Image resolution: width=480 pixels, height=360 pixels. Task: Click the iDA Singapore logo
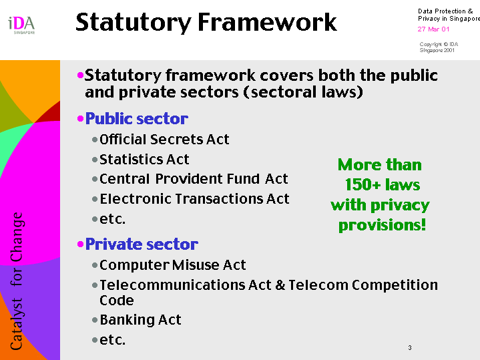(x=21, y=25)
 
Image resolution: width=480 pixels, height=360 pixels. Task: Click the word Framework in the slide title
(x=267, y=22)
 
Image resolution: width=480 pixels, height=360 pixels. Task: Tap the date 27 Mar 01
(x=433, y=29)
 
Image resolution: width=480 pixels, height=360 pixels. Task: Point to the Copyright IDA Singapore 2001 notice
(x=439, y=47)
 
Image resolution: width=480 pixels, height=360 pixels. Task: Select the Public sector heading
(x=137, y=119)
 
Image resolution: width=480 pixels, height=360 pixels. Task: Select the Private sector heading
(x=142, y=244)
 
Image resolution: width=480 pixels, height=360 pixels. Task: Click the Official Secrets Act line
(x=164, y=140)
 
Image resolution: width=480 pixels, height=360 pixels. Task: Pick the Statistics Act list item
(x=144, y=160)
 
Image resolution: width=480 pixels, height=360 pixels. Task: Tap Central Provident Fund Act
(x=194, y=179)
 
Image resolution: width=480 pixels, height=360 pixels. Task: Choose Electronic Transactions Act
(x=194, y=199)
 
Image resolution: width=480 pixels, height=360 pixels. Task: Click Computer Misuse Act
(x=173, y=265)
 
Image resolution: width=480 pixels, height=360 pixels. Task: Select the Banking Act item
(x=140, y=320)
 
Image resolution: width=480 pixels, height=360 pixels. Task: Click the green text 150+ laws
(x=383, y=185)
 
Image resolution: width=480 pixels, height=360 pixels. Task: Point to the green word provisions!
(x=382, y=225)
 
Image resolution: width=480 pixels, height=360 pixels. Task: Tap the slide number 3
(x=410, y=348)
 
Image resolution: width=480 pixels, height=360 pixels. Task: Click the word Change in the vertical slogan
(x=17, y=237)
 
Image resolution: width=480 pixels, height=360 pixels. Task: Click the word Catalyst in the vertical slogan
(x=17, y=323)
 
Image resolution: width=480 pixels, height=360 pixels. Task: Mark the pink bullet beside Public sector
(x=80, y=119)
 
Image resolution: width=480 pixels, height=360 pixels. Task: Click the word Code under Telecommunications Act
(x=117, y=301)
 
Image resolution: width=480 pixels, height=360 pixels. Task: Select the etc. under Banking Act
(x=113, y=340)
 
